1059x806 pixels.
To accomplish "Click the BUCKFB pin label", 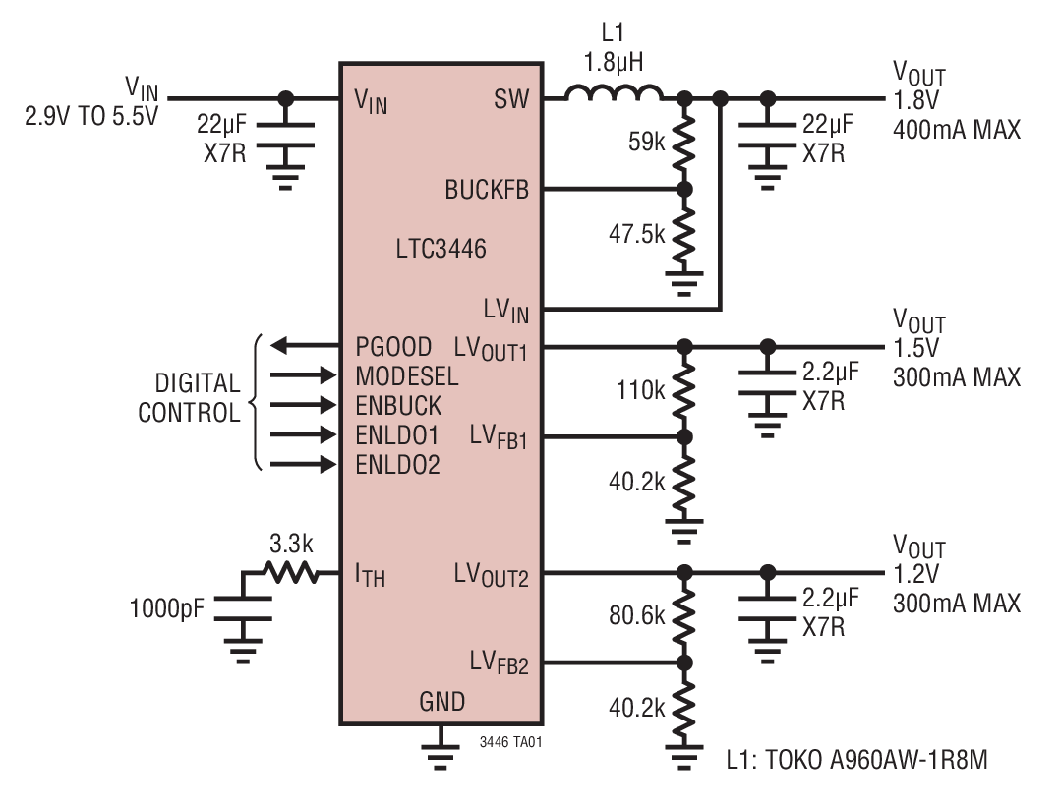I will (x=487, y=190).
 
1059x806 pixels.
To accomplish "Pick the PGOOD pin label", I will (x=393, y=347).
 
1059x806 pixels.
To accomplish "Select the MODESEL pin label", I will (x=406, y=375).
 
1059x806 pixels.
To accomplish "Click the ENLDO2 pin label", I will (x=397, y=464).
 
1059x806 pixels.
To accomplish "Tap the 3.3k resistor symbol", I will (x=289, y=572).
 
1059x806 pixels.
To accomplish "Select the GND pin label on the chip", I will (x=442, y=702).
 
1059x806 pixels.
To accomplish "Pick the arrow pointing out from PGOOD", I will (x=300, y=346).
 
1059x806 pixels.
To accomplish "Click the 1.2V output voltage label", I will (x=915, y=575).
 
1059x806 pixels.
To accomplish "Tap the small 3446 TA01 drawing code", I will (x=510, y=743).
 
